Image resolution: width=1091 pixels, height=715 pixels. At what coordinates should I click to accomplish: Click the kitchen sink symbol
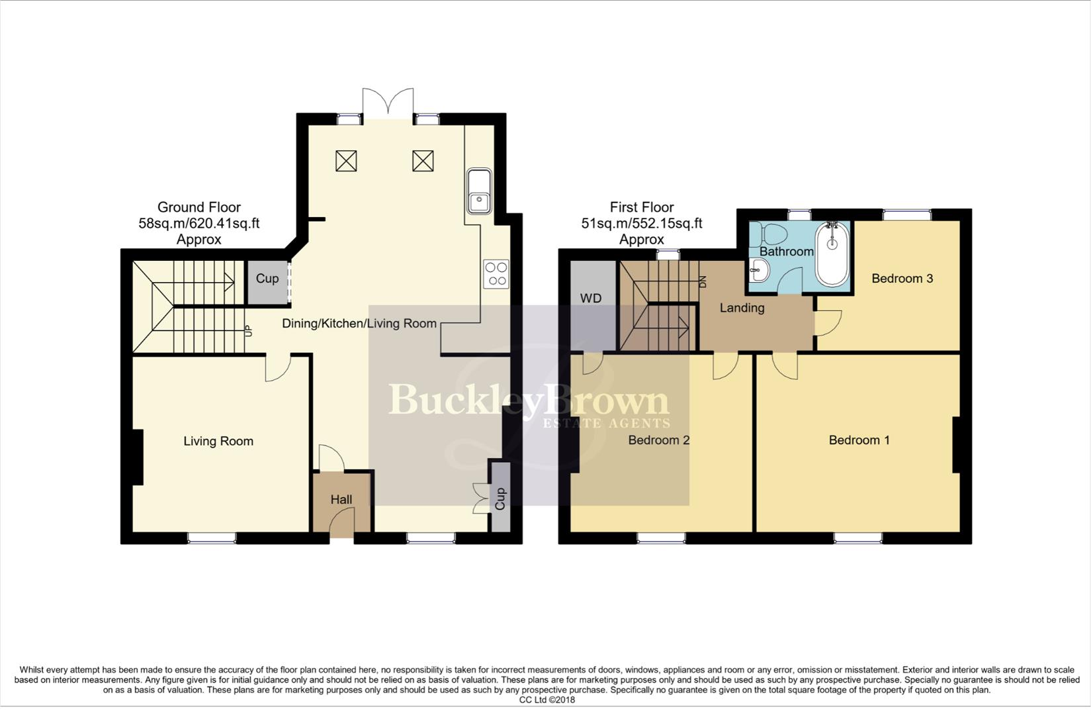point(478,191)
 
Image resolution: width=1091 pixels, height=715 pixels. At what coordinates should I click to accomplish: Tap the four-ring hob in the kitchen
point(496,274)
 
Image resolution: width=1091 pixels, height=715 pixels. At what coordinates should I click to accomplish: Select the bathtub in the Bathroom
point(832,254)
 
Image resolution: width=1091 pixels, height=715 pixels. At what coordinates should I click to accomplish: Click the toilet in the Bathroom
point(772,233)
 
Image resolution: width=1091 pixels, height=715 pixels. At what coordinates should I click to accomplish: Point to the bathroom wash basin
point(760,270)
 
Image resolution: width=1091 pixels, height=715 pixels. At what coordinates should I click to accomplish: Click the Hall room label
point(341,500)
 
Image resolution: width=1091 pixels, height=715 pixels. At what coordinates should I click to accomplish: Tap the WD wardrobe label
point(591,299)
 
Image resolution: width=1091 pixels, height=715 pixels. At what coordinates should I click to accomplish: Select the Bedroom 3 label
point(902,279)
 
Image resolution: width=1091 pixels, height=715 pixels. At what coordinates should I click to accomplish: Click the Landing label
point(742,308)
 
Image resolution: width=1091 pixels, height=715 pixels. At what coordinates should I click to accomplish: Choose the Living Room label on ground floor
point(218,442)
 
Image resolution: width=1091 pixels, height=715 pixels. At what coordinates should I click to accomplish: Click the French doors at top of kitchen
point(388,105)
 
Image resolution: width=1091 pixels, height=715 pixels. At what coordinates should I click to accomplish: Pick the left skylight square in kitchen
point(346,161)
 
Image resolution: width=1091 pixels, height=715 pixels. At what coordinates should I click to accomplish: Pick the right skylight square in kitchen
point(423,161)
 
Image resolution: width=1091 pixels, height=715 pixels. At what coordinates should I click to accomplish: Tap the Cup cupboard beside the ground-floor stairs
point(267,279)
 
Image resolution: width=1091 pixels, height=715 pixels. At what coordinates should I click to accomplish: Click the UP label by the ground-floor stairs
point(248,329)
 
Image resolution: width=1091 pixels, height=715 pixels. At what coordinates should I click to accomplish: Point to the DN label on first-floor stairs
point(703,281)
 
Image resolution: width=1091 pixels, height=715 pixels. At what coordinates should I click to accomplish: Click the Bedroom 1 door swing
point(785,367)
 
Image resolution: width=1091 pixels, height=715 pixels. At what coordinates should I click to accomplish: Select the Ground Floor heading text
point(198,207)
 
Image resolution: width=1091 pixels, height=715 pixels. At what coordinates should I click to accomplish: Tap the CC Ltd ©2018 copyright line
point(546,700)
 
